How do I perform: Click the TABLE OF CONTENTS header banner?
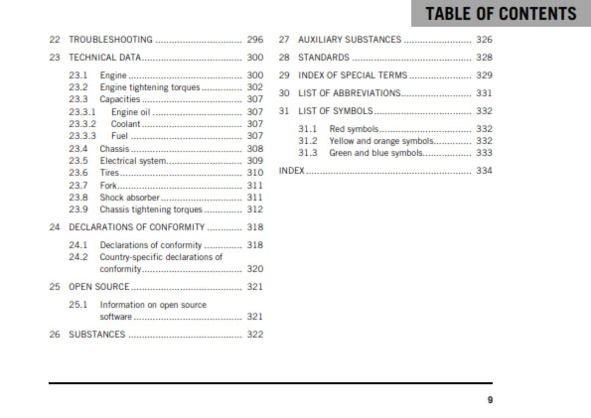(x=500, y=14)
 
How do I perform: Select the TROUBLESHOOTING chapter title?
(x=110, y=40)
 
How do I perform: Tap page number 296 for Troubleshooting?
(x=255, y=40)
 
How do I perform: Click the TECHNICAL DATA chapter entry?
(x=107, y=58)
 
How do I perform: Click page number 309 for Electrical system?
(x=255, y=161)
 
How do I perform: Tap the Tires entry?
(x=109, y=173)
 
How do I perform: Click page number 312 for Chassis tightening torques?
(x=255, y=209)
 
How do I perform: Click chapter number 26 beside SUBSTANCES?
(x=55, y=334)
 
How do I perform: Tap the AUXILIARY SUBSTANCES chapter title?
(x=350, y=40)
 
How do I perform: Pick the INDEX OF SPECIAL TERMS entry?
(x=353, y=75)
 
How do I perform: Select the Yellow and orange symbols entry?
(x=382, y=141)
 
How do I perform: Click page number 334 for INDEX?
(x=484, y=171)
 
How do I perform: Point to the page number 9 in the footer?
(x=490, y=400)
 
